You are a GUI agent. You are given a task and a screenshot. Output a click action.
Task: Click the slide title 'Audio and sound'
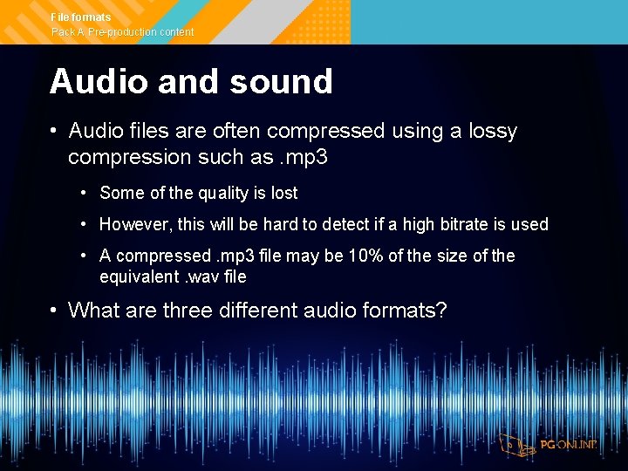coord(191,82)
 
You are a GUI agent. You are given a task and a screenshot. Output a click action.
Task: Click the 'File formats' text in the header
coord(81,17)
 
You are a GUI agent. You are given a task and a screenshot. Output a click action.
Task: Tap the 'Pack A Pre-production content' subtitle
coord(122,32)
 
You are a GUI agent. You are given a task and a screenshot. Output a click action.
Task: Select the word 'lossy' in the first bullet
coord(491,132)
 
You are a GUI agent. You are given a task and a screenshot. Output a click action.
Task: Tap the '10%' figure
coord(363,256)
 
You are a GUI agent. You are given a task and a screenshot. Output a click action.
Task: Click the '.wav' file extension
coord(203,277)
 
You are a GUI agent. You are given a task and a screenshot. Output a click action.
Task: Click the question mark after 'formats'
coord(440,310)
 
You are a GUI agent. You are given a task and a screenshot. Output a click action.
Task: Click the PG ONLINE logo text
coord(568,445)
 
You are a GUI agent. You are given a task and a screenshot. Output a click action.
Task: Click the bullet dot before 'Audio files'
coord(54,132)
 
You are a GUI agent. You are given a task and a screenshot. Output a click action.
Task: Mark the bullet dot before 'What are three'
coord(54,310)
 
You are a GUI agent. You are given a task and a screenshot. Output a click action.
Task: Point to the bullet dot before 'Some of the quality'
coord(84,193)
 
